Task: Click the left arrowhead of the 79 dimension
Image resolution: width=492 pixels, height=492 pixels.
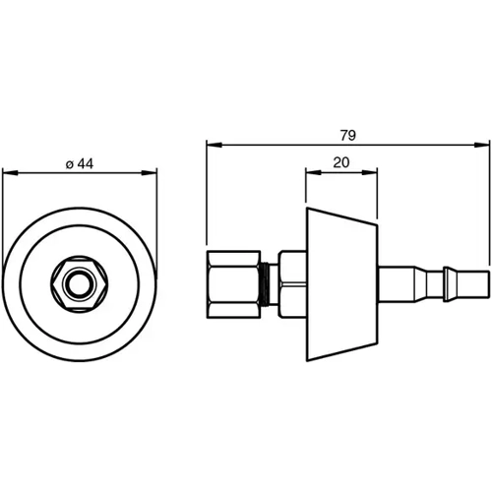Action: point(212,144)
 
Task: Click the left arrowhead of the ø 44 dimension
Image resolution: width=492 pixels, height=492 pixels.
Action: point(9,175)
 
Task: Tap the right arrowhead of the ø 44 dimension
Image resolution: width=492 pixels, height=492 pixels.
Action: point(152,175)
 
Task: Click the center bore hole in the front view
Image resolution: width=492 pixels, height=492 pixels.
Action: point(80,285)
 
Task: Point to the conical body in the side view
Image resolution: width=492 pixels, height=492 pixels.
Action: point(341,285)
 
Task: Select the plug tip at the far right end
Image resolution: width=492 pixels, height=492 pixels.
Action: point(475,285)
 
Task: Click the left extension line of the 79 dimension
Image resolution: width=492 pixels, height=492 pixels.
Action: point(206,197)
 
